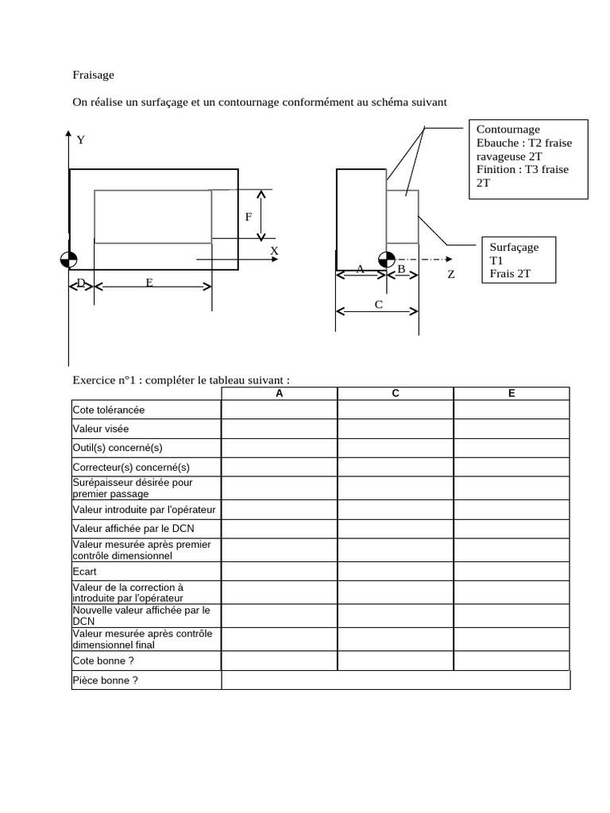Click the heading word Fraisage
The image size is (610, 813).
[94, 75]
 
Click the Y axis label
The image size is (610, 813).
[81, 140]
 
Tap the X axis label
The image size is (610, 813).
[275, 250]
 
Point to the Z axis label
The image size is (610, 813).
[450, 274]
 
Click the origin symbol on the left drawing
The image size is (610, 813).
[69, 260]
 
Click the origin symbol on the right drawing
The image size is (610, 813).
[387, 260]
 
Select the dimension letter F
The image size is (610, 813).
[249, 216]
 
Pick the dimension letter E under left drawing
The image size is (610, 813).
[149, 282]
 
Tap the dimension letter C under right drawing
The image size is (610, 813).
[378, 304]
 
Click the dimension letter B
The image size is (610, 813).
[401, 270]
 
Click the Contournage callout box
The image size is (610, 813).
[528, 159]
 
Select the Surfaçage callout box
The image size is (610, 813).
[520, 260]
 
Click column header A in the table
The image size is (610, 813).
[279, 394]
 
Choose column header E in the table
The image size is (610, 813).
[512, 394]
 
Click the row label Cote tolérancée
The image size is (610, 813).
[109, 410]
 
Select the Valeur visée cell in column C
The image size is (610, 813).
[396, 429]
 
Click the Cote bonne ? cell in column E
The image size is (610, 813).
[512, 661]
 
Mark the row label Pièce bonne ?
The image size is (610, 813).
[106, 680]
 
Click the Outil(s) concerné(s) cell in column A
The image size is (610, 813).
[279, 448]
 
